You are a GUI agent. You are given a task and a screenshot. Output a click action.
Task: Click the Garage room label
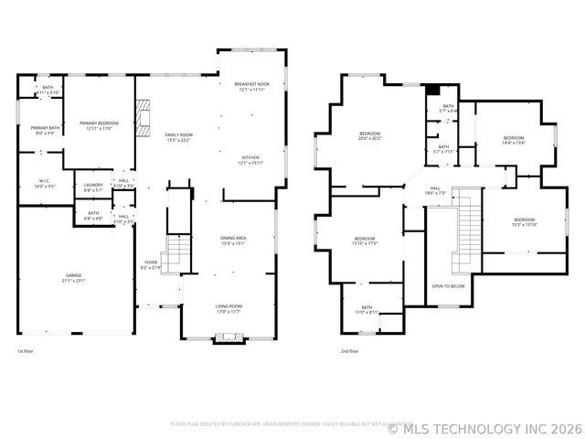coord(74,278)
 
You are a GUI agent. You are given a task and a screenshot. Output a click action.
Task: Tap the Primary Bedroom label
coord(100,125)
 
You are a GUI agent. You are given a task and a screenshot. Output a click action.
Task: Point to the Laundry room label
coord(93,187)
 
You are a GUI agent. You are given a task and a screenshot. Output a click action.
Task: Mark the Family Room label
coord(179,137)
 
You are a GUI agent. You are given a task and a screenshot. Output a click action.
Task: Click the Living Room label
coord(228,309)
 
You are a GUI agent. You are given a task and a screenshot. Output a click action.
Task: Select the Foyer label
coord(151,265)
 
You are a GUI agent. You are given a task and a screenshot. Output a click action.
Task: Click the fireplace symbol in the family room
coord(141,117)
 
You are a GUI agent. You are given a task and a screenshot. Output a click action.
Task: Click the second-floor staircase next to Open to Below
coord(468,220)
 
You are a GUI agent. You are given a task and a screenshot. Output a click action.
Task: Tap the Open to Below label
coord(448,286)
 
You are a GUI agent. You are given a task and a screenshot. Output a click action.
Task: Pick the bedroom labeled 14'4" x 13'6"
coord(514,140)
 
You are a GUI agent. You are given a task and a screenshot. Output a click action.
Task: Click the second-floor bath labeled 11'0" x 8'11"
coord(367,310)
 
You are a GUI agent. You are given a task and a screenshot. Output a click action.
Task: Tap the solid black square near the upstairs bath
coord(432,90)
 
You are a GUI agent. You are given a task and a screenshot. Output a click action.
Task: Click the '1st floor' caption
coord(26,351)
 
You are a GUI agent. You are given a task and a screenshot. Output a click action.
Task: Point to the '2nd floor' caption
coord(348,351)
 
